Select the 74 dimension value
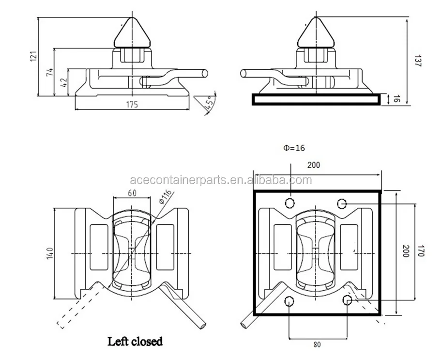(49, 73)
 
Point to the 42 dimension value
(64, 82)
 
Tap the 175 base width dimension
(132, 104)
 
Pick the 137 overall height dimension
(417, 60)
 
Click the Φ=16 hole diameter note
(294, 148)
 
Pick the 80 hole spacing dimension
(317, 344)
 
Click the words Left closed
(135, 341)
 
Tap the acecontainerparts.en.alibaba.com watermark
(221, 181)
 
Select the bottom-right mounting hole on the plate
(347, 301)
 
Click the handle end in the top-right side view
(243, 74)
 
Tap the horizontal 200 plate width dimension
(313, 165)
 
